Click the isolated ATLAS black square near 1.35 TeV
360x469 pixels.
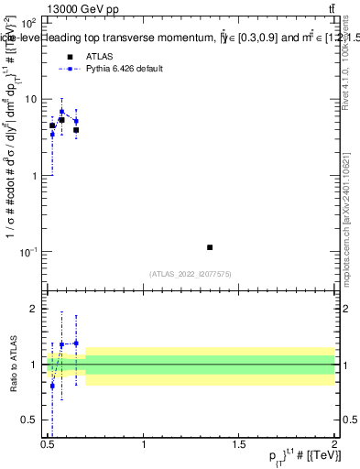[x=210, y=247]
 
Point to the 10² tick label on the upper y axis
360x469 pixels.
[x=28, y=22]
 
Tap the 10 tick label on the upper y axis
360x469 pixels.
[x=31, y=98]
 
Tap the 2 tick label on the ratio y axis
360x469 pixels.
[x=35, y=309]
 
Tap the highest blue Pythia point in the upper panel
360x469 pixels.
[x=62, y=112]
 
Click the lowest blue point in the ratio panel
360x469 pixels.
[x=52, y=386]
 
